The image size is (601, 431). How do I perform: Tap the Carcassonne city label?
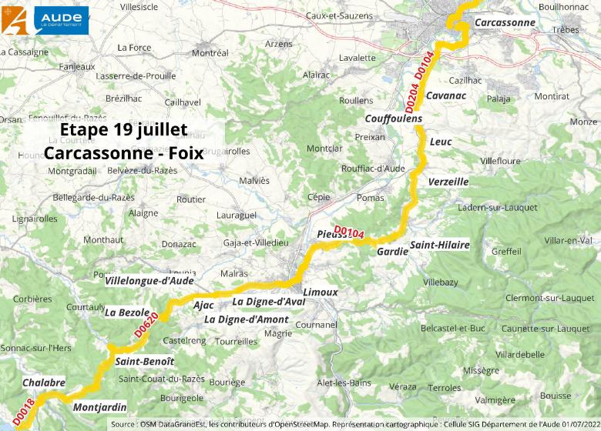(505, 23)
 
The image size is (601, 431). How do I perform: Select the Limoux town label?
(320, 292)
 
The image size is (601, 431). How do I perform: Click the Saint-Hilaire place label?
(439, 246)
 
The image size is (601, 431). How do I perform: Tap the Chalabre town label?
(44, 383)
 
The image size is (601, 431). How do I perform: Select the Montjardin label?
(99, 407)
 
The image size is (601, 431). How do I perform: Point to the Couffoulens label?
(393, 119)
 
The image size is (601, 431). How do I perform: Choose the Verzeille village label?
(448, 182)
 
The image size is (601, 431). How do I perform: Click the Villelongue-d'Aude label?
(149, 281)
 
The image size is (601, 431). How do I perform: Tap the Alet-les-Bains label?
(344, 383)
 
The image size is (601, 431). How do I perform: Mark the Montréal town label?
(210, 53)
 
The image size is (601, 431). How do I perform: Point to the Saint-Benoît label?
(144, 361)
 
